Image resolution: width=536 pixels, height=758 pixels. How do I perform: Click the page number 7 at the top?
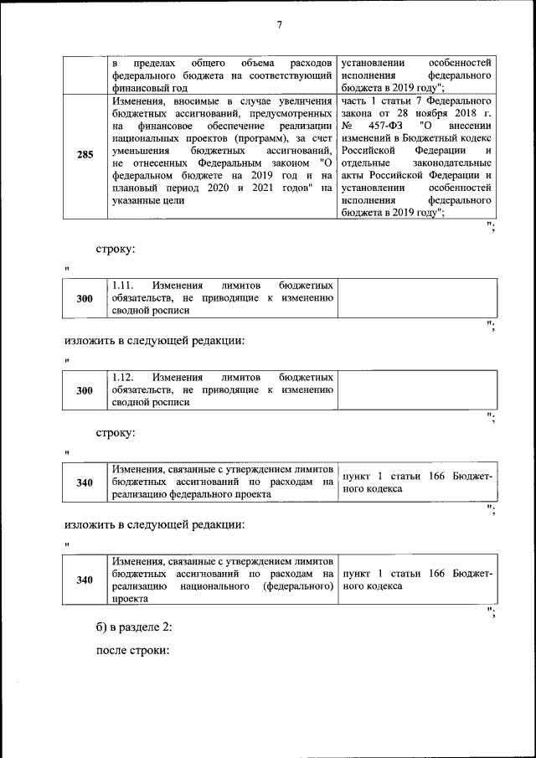[x=280, y=25]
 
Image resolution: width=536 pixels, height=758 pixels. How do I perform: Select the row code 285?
[x=85, y=154]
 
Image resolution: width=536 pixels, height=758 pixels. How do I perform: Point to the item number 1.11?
[x=123, y=286]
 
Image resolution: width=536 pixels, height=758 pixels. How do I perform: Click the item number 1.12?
[x=123, y=378]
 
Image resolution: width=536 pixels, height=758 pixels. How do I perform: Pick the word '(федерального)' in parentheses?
[x=296, y=587]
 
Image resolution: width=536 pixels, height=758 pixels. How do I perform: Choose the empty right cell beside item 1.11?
[x=415, y=297]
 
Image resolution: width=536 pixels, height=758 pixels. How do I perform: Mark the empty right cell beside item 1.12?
[x=415, y=389]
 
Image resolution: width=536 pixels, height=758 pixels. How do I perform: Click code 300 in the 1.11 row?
[x=85, y=298]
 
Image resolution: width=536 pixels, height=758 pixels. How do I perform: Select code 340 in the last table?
[x=85, y=580]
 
